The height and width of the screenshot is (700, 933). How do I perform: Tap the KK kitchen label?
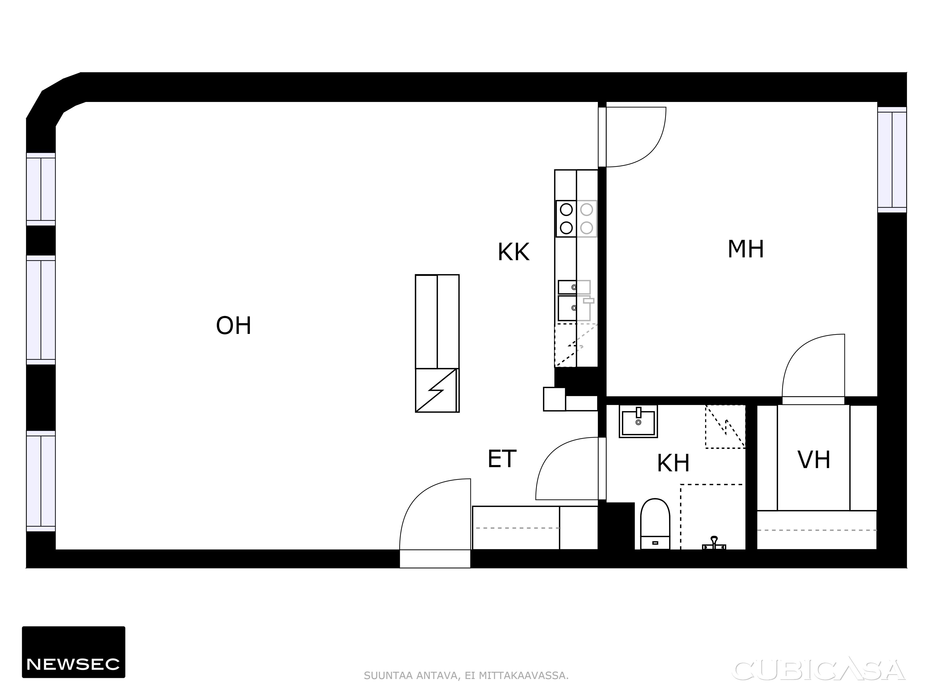(x=513, y=252)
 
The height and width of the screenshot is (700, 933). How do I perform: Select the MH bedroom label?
(x=746, y=249)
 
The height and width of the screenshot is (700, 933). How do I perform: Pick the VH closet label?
(x=814, y=460)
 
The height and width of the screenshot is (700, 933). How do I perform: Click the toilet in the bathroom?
(x=655, y=524)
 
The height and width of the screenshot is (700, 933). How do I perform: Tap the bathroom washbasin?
(x=638, y=421)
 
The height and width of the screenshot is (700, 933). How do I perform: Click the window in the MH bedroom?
(x=892, y=160)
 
